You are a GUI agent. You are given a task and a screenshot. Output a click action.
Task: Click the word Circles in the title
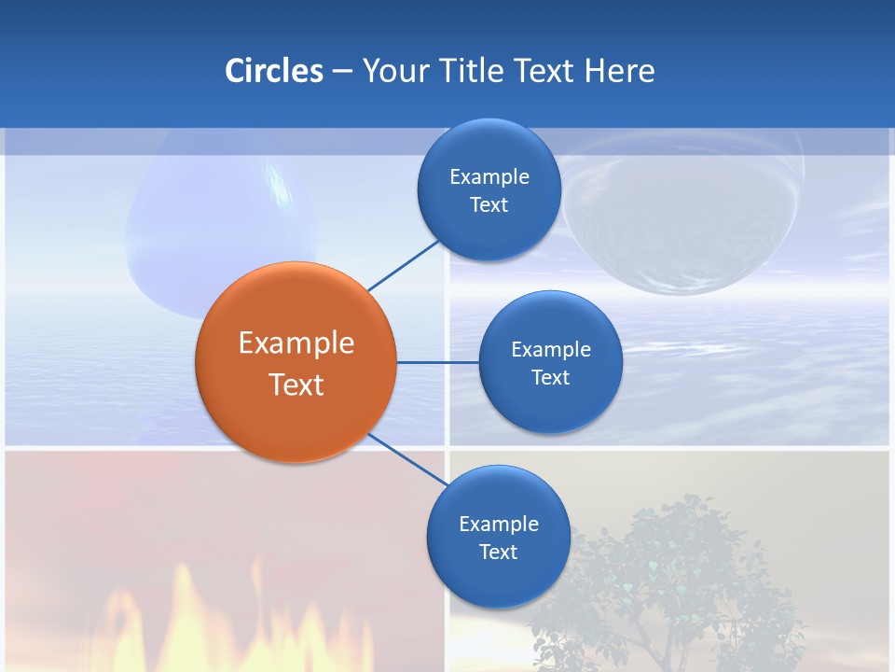pos(274,71)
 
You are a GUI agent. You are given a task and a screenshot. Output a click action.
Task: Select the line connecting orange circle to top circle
pos(403,265)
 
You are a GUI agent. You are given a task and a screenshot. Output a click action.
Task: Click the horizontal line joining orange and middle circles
pos(437,362)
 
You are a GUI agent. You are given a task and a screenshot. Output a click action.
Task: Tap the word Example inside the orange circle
pos(296,343)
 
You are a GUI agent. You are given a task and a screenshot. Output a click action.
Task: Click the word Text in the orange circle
pos(296,385)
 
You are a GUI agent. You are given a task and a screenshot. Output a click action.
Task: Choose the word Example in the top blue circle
pos(489,177)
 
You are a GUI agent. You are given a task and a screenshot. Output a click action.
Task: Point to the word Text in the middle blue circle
pos(550,378)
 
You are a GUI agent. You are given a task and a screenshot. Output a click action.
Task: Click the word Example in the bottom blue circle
pos(499,525)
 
